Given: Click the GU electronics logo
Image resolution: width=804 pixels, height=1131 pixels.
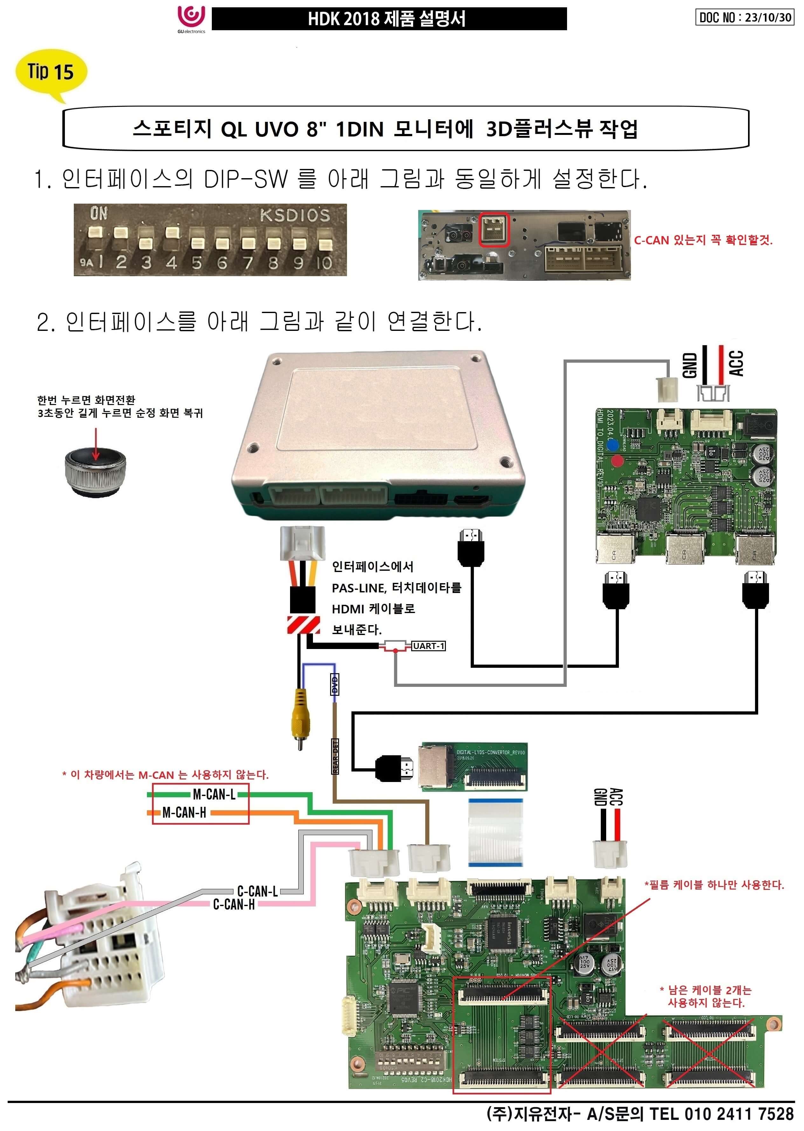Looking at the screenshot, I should pos(191,19).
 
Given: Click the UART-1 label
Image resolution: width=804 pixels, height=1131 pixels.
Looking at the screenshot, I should pos(429,646).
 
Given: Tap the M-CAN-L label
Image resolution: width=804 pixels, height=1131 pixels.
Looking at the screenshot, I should pos(214,795).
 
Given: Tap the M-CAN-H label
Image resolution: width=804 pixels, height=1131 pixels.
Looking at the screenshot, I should pos(184,813).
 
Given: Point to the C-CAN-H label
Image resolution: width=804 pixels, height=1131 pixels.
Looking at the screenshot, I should pos(234,904).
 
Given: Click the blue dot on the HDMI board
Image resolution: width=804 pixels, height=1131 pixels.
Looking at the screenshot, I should pos(613,445).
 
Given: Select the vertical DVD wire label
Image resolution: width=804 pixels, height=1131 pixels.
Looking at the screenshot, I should pos(335,685).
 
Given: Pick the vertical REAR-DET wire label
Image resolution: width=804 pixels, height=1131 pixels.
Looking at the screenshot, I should pos(335,756).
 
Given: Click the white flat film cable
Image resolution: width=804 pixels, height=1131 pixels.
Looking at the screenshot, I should pos(495,832).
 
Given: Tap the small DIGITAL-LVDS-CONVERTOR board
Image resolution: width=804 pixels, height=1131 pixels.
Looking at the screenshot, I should pos(474,766).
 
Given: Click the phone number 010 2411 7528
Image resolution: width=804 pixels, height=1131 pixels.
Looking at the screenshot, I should pos(739,1114).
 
